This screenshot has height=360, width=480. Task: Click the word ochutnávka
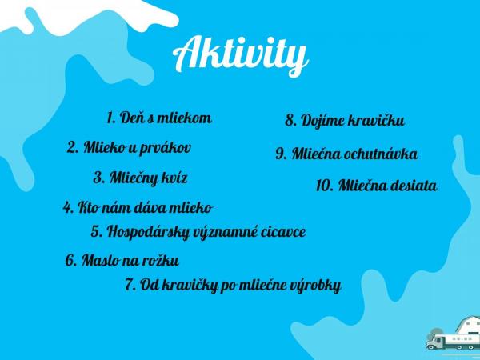pos(381,154)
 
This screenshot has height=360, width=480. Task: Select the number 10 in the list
pos(324,186)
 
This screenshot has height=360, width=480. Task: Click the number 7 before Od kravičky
pos(130,286)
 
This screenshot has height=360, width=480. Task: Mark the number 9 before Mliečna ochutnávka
pos(281,154)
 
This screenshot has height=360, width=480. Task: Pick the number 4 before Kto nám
pos(67,207)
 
